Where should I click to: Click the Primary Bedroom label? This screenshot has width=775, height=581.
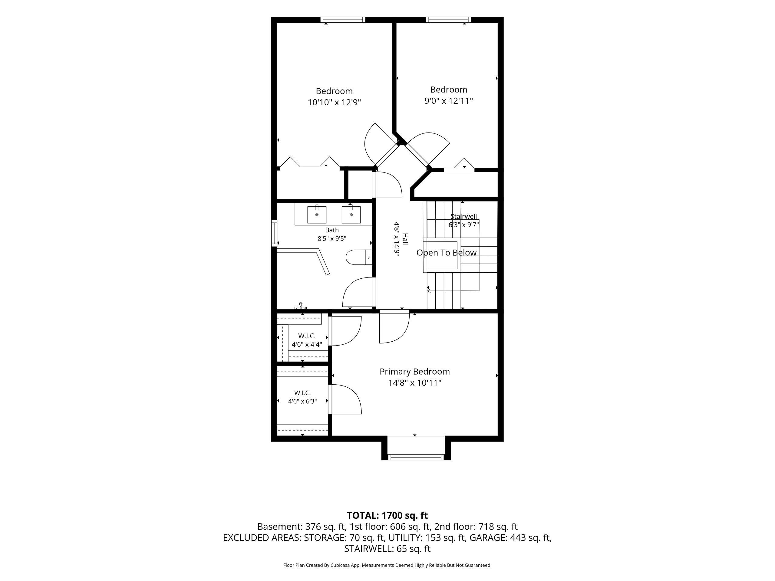coord(414,372)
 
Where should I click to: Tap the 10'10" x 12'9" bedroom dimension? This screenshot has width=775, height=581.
coord(334,103)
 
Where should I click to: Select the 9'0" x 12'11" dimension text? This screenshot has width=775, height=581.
coord(449,101)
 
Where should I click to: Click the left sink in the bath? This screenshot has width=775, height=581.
coord(317,214)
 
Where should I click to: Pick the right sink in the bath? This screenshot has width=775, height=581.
coord(351,214)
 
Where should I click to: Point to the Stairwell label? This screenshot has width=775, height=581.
coord(463,216)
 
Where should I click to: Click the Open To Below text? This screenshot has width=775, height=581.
coord(446,252)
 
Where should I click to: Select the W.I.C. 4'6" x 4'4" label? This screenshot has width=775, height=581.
coord(307,340)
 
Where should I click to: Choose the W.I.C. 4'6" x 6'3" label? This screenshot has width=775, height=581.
coord(302,397)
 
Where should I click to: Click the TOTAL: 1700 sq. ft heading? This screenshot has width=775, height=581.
coord(387,516)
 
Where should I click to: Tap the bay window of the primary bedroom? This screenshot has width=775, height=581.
coord(416,457)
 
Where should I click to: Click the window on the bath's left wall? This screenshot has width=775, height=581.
coord(274,233)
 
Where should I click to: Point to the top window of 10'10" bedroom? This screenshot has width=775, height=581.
coord(343,20)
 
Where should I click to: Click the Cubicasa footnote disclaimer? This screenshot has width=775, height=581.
coord(387,565)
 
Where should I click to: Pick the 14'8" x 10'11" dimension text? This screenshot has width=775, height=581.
coord(414,383)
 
